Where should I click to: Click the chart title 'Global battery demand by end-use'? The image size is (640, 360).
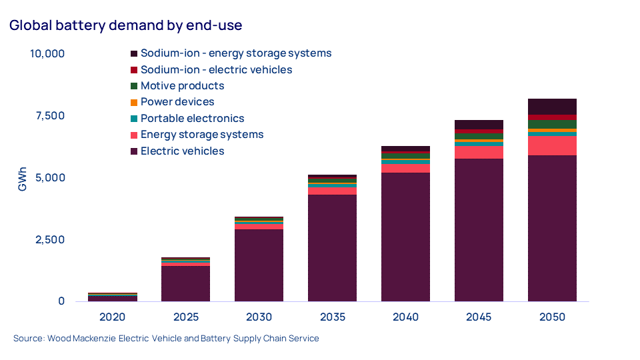click(x=125, y=26)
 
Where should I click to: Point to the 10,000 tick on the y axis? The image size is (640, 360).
click(x=47, y=53)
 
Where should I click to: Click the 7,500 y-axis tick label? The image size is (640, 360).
click(x=49, y=115)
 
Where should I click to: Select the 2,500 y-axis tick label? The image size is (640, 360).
click(x=49, y=239)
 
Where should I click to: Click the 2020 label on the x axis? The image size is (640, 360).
click(x=112, y=317)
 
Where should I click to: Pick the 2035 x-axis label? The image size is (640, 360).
click(x=332, y=317)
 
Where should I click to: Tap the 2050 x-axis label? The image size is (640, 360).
click(x=552, y=317)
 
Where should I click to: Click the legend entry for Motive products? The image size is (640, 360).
click(x=182, y=86)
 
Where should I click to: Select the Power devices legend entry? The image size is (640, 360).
click(x=177, y=102)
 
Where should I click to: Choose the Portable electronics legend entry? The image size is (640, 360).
click(x=192, y=119)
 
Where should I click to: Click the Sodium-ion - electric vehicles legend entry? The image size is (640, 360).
click(x=216, y=69)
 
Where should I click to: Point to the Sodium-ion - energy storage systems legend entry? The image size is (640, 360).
click(x=235, y=53)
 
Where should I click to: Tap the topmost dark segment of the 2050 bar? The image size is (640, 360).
click(x=552, y=107)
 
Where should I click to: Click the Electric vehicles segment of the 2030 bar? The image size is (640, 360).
click(x=259, y=265)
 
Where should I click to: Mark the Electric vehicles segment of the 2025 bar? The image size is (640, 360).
click(x=185, y=283)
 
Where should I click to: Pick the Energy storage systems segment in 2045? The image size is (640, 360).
click(x=479, y=152)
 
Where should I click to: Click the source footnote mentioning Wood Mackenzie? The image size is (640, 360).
click(x=166, y=339)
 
